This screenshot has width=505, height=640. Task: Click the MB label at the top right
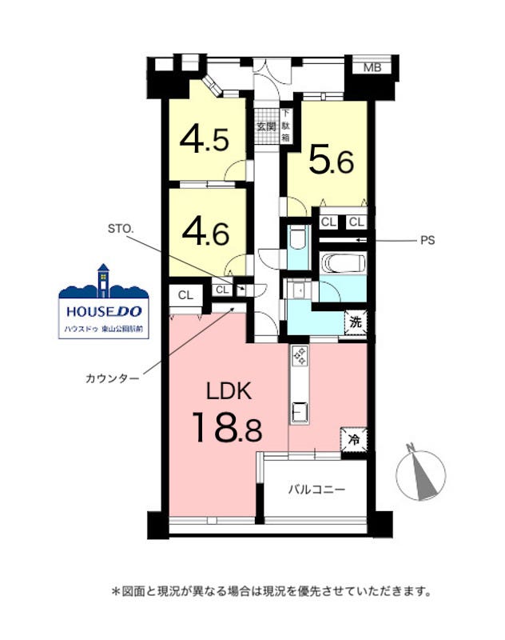(372, 67)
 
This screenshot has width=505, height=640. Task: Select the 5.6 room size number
(331, 160)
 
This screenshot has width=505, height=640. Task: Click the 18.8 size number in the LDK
(227, 427)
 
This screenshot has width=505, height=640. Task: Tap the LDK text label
(229, 391)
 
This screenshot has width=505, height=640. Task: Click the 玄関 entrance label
(266, 126)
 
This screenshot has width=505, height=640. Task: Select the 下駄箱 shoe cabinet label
(286, 126)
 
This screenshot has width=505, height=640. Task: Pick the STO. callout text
(121, 229)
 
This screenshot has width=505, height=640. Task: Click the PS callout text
(427, 241)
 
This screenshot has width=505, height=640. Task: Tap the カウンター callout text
(113, 378)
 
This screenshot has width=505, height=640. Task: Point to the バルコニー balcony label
(316, 489)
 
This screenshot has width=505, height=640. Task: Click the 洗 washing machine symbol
(356, 322)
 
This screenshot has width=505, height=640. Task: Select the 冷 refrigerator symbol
(354, 439)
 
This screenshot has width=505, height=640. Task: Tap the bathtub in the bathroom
(343, 263)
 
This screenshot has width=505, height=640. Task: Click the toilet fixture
(298, 238)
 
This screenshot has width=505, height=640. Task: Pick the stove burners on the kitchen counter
(300, 355)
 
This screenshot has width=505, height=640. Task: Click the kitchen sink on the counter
(300, 412)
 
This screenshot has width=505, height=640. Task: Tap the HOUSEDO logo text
(104, 312)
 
